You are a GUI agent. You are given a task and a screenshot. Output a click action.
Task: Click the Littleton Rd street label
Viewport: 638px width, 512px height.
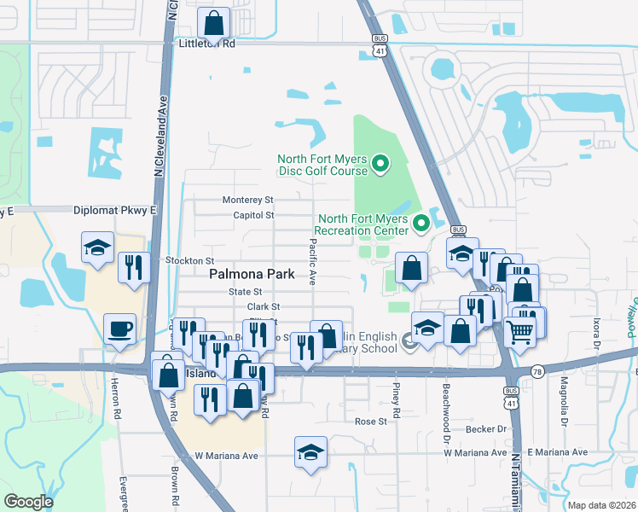(x=206, y=43)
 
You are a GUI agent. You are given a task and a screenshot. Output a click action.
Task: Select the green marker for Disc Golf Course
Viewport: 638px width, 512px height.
(x=381, y=160)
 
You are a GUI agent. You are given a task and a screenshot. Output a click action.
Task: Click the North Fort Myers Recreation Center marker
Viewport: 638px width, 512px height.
(x=420, y=224)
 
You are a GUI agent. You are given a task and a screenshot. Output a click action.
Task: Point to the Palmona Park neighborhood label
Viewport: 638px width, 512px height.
(x=252, y=274)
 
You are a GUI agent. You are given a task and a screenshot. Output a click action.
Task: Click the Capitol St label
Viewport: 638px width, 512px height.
(x=252, y=215)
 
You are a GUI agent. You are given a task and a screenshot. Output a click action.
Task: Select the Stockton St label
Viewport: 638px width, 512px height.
(x=189, y=260)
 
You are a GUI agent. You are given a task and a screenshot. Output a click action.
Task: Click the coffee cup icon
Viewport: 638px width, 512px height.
(x=119, y=328)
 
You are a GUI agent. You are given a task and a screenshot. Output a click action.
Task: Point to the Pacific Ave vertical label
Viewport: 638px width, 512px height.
(x=312, y=261)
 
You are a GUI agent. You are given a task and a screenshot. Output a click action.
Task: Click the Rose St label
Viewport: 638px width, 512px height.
(x=371, y=422)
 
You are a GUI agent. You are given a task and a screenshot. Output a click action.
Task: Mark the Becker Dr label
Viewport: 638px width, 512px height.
(x=486, y=430)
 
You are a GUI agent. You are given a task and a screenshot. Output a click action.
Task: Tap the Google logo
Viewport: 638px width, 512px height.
(x=28, y=502)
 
